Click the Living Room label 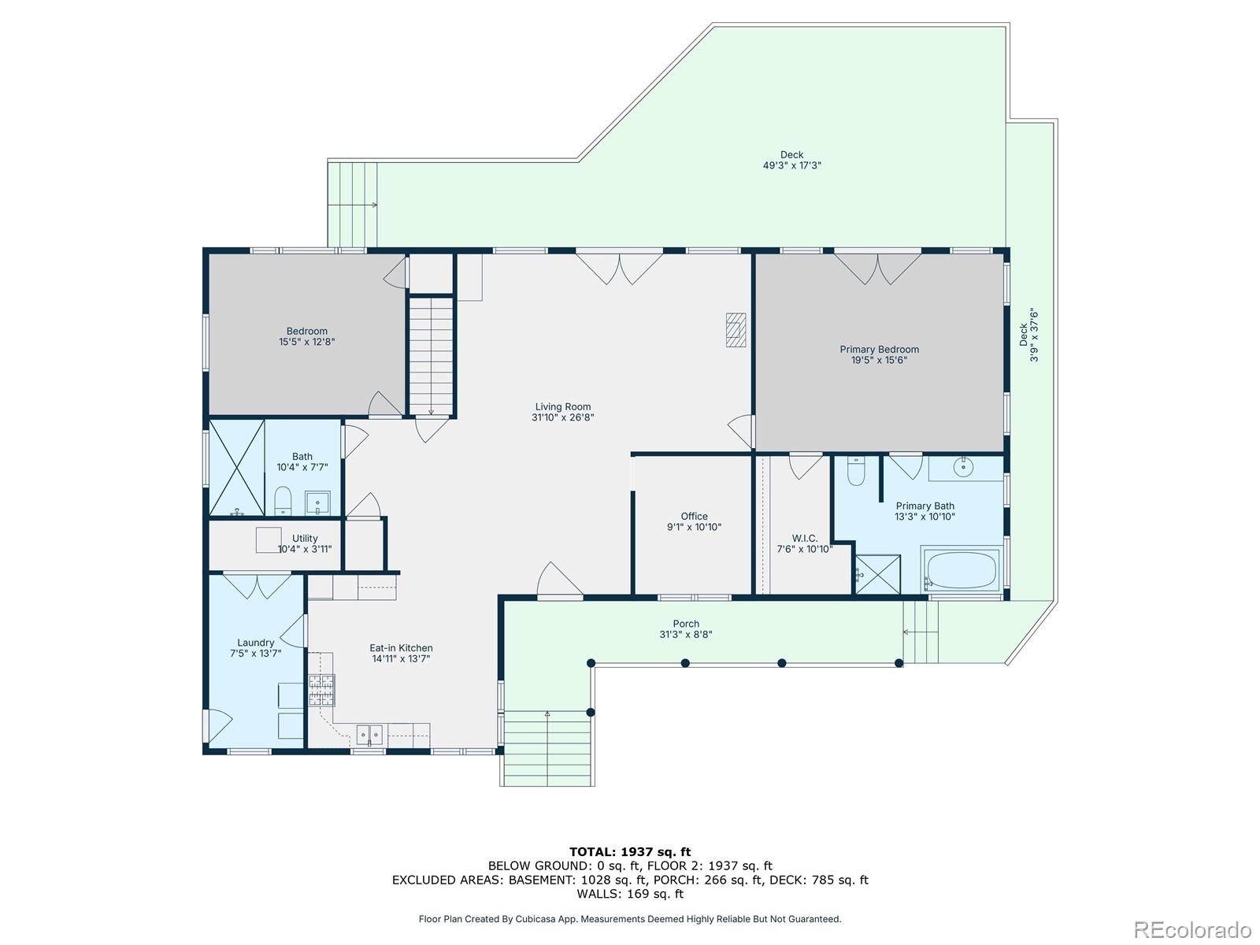(x=562, y=407)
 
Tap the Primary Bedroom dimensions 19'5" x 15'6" (x=879, y=361)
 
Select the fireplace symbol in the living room (x=736, y=330)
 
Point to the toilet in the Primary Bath (x=856, y=471)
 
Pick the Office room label (x=694, y=517)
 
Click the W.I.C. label (x=805, y=538)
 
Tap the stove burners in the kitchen (x=321, y=691)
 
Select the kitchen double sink (x=369, y=735)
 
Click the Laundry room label (x=255, y=643)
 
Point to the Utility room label (x=305, y=538)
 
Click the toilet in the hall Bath (x=283, y=502)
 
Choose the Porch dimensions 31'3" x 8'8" (x=686, y=634)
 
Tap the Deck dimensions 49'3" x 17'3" (x=791, y=165)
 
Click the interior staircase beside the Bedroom (x=431, y=356)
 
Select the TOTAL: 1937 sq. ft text (x=630, y=852)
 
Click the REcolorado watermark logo (x=1192, y=928)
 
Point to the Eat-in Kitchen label (x=401, y=648)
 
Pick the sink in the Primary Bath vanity (x=963, y=468)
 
